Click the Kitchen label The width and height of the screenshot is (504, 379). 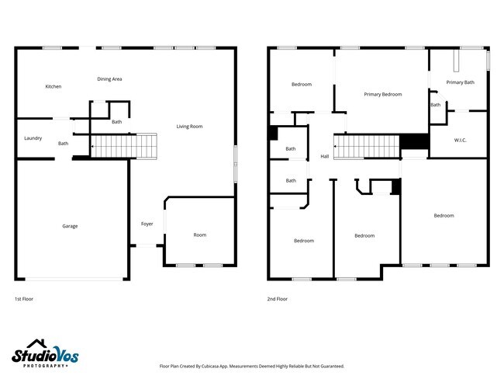[54, 86]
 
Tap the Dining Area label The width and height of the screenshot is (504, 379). [109, 78]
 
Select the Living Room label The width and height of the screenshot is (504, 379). [189, 126]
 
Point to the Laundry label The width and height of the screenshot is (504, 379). [33, 138]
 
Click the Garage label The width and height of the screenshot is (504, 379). [70, 226]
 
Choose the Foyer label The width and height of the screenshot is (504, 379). [147, 224]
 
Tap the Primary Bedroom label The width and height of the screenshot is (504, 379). [383, 94]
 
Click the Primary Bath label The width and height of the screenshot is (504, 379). [460, 82]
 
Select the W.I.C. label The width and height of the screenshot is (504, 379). [459, 140]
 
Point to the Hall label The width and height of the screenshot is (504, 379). [324, 156]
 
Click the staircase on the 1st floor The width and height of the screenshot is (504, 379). [124, 144]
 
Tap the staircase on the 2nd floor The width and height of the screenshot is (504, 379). [366, 145]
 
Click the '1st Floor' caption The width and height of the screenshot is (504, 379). [24, 298]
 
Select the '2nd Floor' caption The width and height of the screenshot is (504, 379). [278, 298]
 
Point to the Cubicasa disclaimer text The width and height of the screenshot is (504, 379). [251, 366]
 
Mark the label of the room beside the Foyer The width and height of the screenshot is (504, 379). [200, 235]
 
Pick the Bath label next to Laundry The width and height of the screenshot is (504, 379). [63, 143]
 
